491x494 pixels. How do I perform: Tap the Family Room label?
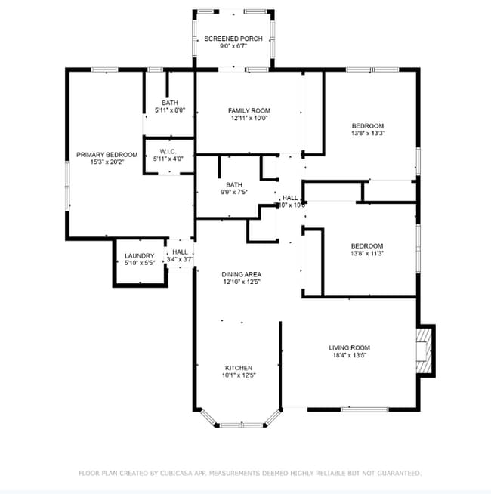pyautogui.click(x=249, y=110)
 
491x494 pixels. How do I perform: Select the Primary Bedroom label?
pyautogui.click(x=107, y=155)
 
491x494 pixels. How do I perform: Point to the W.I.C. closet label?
pyautogui.click(x=168, y=151)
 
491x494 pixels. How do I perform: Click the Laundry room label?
pyautogui.click(x=139, y=255)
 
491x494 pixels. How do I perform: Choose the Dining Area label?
pyautogui.click(x=241, y=274)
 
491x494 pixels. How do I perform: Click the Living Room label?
pyautogui.click(x=349, y=347)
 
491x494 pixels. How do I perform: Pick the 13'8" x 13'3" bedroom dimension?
pyautogui.click(x=368, y=133)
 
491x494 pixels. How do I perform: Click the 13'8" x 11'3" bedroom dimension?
pyautogui.click(x=367, y=254)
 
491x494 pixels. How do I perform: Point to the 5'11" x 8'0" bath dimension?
pyautogui.click(x=169, y=110)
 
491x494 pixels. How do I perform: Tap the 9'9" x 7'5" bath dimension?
pyautogui.click(x=233, y=192)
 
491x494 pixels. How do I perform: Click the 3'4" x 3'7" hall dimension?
pyautogui.click(x=180, y=259)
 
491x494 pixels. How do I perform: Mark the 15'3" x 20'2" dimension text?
pyautogui.click(x=107, y=162)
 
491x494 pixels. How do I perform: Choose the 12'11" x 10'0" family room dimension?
pyautogui.click(x=249, y=118)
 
